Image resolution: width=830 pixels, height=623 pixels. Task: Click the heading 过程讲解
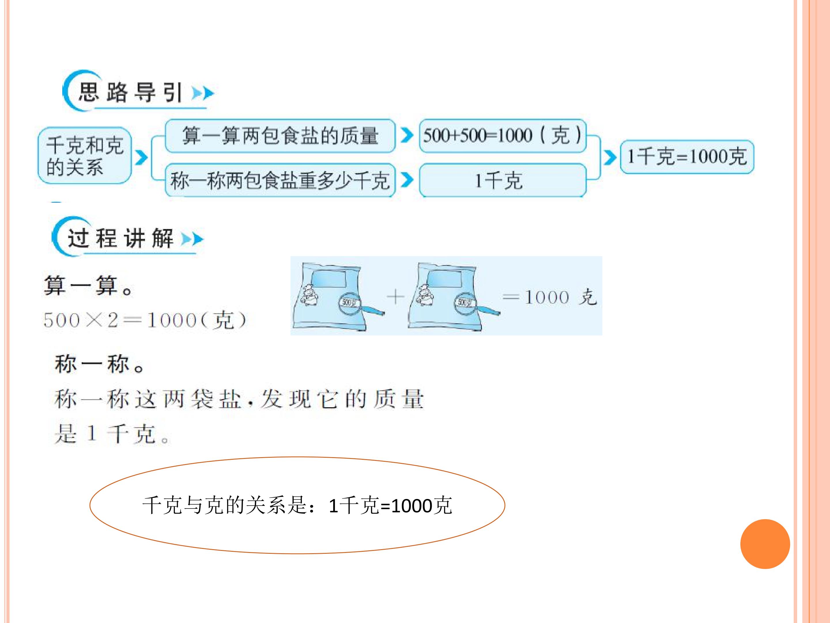pos(120,238)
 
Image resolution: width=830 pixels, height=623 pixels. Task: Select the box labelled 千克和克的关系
pos(84,155)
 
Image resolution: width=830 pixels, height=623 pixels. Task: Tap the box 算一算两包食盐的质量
pos(280,136)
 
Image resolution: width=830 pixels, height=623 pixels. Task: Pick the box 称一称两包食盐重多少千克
pos(280,180)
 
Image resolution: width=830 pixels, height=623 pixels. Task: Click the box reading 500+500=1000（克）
pos(502,136)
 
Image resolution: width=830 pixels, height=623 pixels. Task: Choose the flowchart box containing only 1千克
pos(502,180)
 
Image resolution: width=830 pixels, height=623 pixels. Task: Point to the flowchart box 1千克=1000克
pos(687,157)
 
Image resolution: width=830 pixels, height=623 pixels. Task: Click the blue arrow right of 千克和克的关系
pos(141,158)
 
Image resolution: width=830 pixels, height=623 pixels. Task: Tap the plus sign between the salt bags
pos(395,297)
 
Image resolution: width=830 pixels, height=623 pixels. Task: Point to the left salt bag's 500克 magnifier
pos(350,303)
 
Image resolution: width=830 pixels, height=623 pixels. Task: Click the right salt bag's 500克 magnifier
pos(465,303)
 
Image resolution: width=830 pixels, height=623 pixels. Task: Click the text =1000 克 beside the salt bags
pos(549,297)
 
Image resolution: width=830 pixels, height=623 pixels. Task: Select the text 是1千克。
pos(112,434)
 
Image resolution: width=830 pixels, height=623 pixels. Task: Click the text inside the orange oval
pos(297,505)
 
